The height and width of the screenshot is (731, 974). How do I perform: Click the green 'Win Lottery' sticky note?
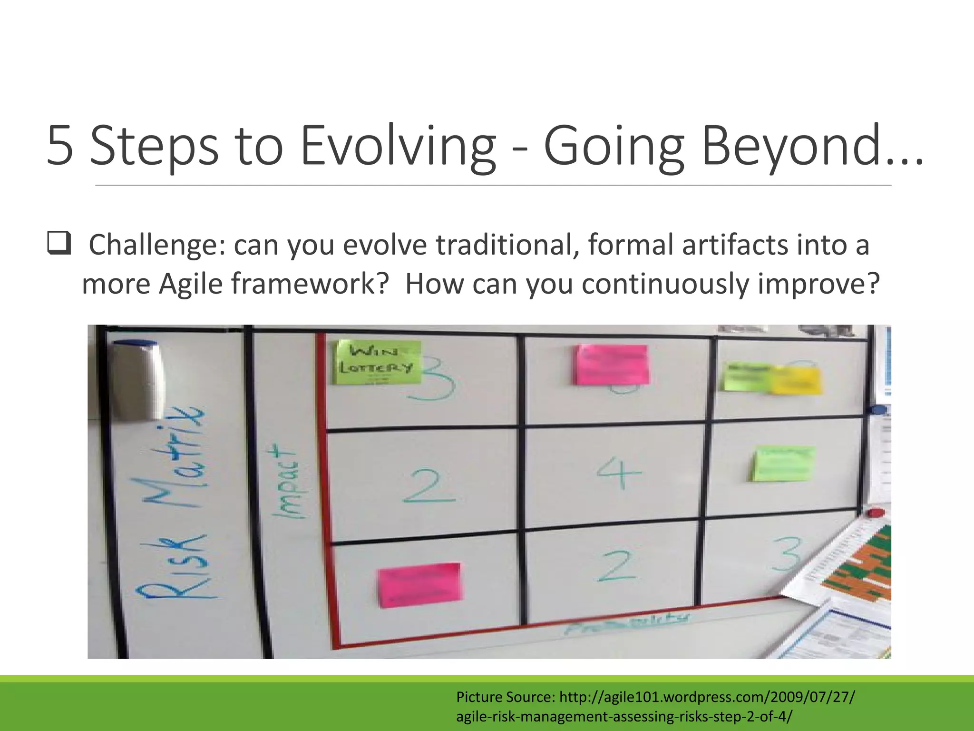[x=378, y=362]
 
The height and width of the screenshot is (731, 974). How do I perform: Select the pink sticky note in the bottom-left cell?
[x=419, y=585]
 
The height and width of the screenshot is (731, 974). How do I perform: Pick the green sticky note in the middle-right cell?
[x=782, y=464]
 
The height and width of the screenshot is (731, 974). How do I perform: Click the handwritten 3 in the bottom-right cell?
[x=786, y=554]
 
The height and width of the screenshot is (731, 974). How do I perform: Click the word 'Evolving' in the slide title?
[x=398, y=145]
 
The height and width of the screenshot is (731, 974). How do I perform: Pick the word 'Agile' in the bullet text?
[x=190, y=284]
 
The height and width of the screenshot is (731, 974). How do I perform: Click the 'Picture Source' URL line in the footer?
[x=655, y=697]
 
